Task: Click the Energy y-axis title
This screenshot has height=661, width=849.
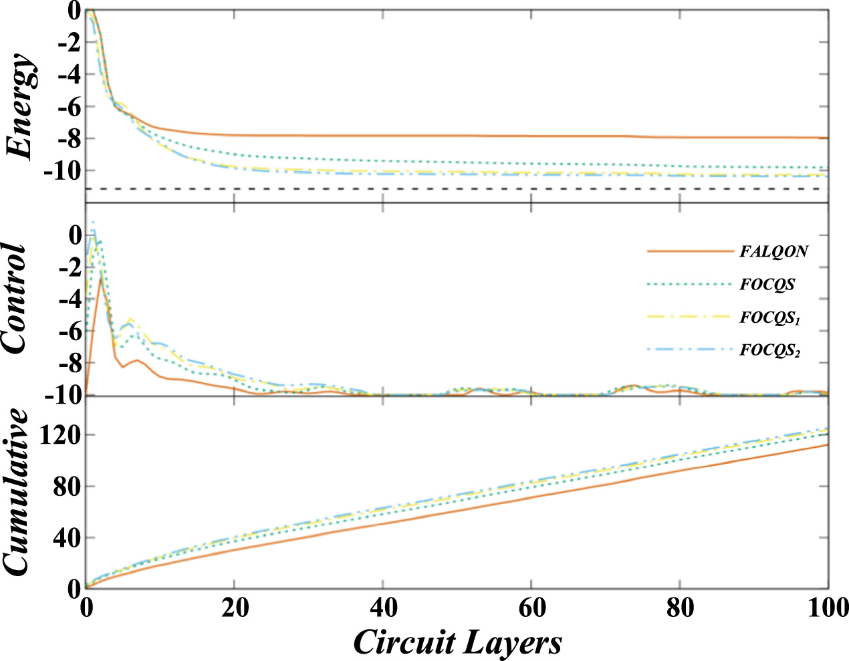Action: click(21, 107)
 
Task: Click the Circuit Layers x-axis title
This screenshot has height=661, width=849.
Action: click(457, 643)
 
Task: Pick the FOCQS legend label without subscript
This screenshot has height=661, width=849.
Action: click(767, 285)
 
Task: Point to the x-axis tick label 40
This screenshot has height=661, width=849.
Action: click(382, 609)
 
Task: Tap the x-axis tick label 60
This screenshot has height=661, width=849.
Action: click(531, 609)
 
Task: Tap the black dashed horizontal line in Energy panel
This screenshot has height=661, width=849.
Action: click(468, 189)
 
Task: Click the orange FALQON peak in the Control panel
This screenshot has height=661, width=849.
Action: click(100, 277)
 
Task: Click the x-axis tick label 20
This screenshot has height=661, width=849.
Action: click(233, 609)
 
